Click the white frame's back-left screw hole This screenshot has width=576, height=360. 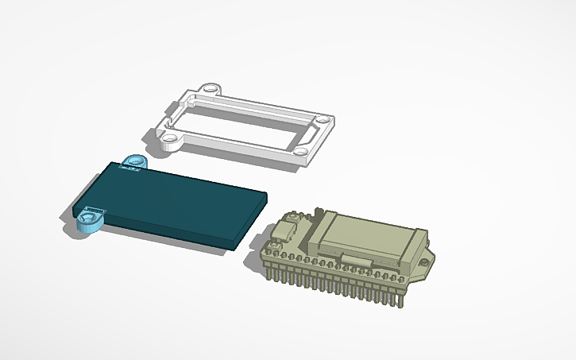pos(210,89)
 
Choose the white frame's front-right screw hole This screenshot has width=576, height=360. pos(303,150)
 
